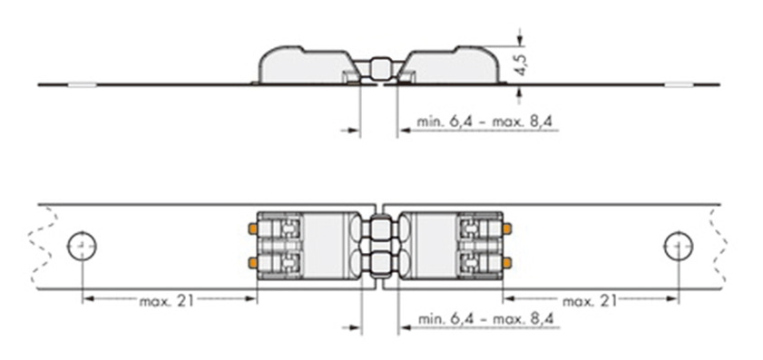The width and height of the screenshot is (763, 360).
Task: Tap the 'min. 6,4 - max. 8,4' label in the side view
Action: (484, 122)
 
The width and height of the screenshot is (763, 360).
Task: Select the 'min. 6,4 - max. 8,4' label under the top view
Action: (485, 319)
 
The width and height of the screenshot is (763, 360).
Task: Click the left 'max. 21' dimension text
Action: (166, 301)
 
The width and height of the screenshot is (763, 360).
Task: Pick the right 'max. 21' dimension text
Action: (590, 301)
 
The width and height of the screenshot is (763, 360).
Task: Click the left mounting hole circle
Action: (82, 246)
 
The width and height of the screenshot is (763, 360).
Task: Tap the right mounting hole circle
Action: (679, 246)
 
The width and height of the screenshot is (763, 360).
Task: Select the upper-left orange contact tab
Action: (252, 228)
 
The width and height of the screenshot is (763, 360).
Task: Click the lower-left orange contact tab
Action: (252, 263)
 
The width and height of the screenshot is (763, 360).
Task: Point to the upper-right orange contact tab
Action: (507, 228)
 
